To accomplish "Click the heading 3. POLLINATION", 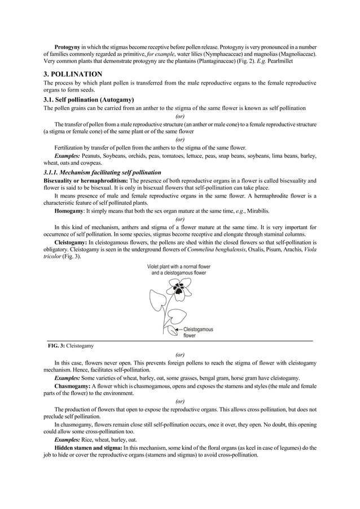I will [73, 74].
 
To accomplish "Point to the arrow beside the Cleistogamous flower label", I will [177, 329].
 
